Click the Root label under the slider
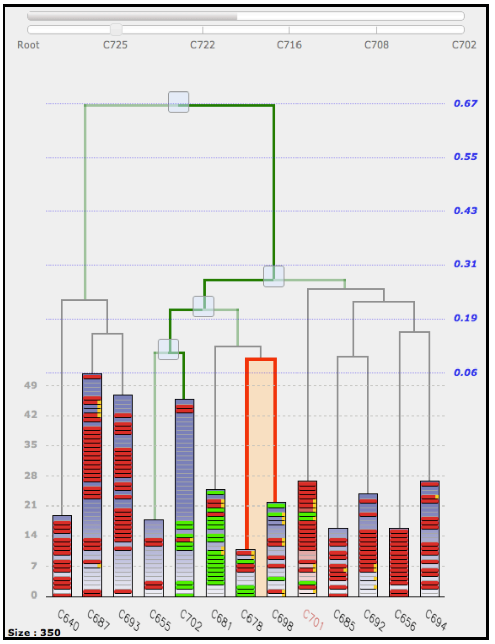tap(28, 45)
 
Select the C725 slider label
tap(115, 45)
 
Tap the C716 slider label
tap(289, 45)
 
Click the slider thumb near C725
tap(116, 30)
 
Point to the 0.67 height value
tap(465, 103)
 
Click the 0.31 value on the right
tap(465, 264)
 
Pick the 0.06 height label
tap(465, 373)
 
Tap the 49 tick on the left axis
tap(31, 385)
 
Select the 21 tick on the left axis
tap(31, 505)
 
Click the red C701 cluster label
tap(313, 619)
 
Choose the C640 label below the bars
tap(68, 620)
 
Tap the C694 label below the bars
tap(436, 620)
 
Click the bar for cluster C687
tap(92, 485)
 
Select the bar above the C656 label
tap(399, 562)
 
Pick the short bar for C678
tap(245, 573)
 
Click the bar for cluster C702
tap(184, 498)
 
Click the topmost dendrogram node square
tap(179, 102)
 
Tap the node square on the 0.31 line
tap(274, 277)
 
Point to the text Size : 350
tap(34, 632)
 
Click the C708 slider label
tap(377, 45)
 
